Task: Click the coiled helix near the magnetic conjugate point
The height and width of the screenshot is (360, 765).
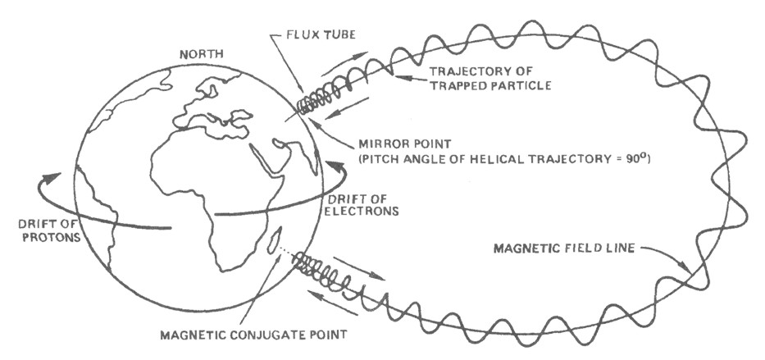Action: [315, 267]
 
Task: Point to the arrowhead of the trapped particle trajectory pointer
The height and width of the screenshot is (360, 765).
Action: [394, 75]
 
